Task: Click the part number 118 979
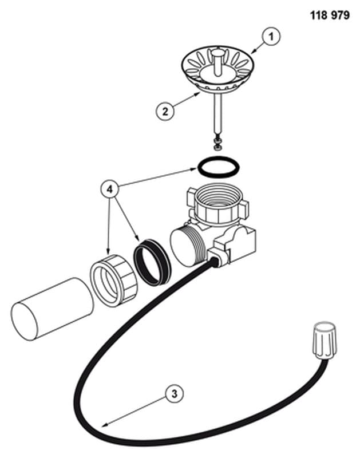[329, 15]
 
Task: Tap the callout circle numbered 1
[271, 37]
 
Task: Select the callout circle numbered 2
[165, 111]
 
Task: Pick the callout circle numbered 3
[174, 394]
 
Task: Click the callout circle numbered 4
[109, 189]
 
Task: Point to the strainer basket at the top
[217, 69]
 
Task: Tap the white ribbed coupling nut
[113, 281]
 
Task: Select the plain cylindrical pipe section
[52, 309]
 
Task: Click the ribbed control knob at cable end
[325, 341]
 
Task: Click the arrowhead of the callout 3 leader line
[104, 425]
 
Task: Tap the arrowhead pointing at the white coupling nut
[109, 251]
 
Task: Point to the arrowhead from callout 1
[253, 51]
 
